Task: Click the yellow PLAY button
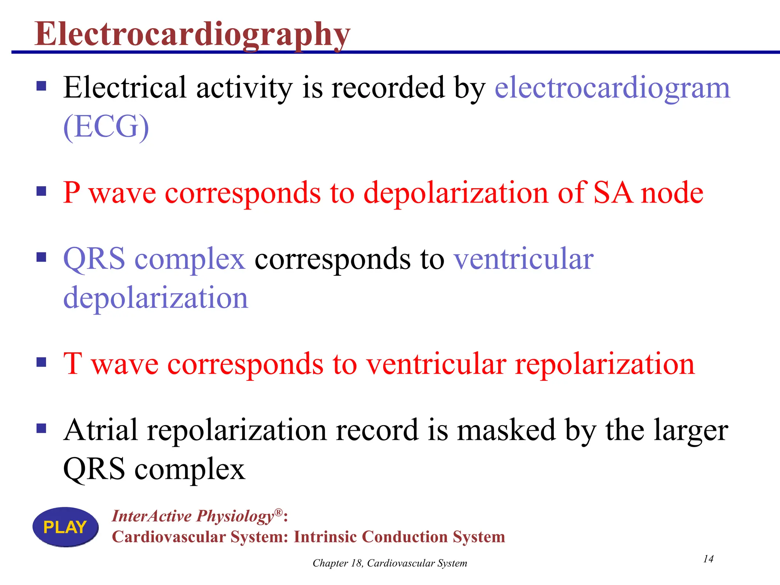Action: (x=66, y=527)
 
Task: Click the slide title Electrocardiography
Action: (x=192, y=34)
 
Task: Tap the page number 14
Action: (x=708, y=559)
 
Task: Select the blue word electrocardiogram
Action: (x=612, y=88)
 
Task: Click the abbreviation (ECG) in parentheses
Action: (x=106, y=127)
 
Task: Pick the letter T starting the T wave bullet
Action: (x=72, y=363)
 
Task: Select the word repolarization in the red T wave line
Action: (x=605, y=364)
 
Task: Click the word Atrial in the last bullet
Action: (x=101, y=430)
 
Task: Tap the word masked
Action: (x=506, y=430)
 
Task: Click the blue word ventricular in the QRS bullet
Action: (x=523, y=259)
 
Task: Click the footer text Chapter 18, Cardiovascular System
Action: (x=390, y=563)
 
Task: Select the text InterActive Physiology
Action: (x=193, y=516)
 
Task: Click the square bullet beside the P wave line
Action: (x=41, y=191)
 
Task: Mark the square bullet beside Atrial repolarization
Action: (x=41, y=428)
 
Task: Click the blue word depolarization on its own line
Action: (x=155, y=298)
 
